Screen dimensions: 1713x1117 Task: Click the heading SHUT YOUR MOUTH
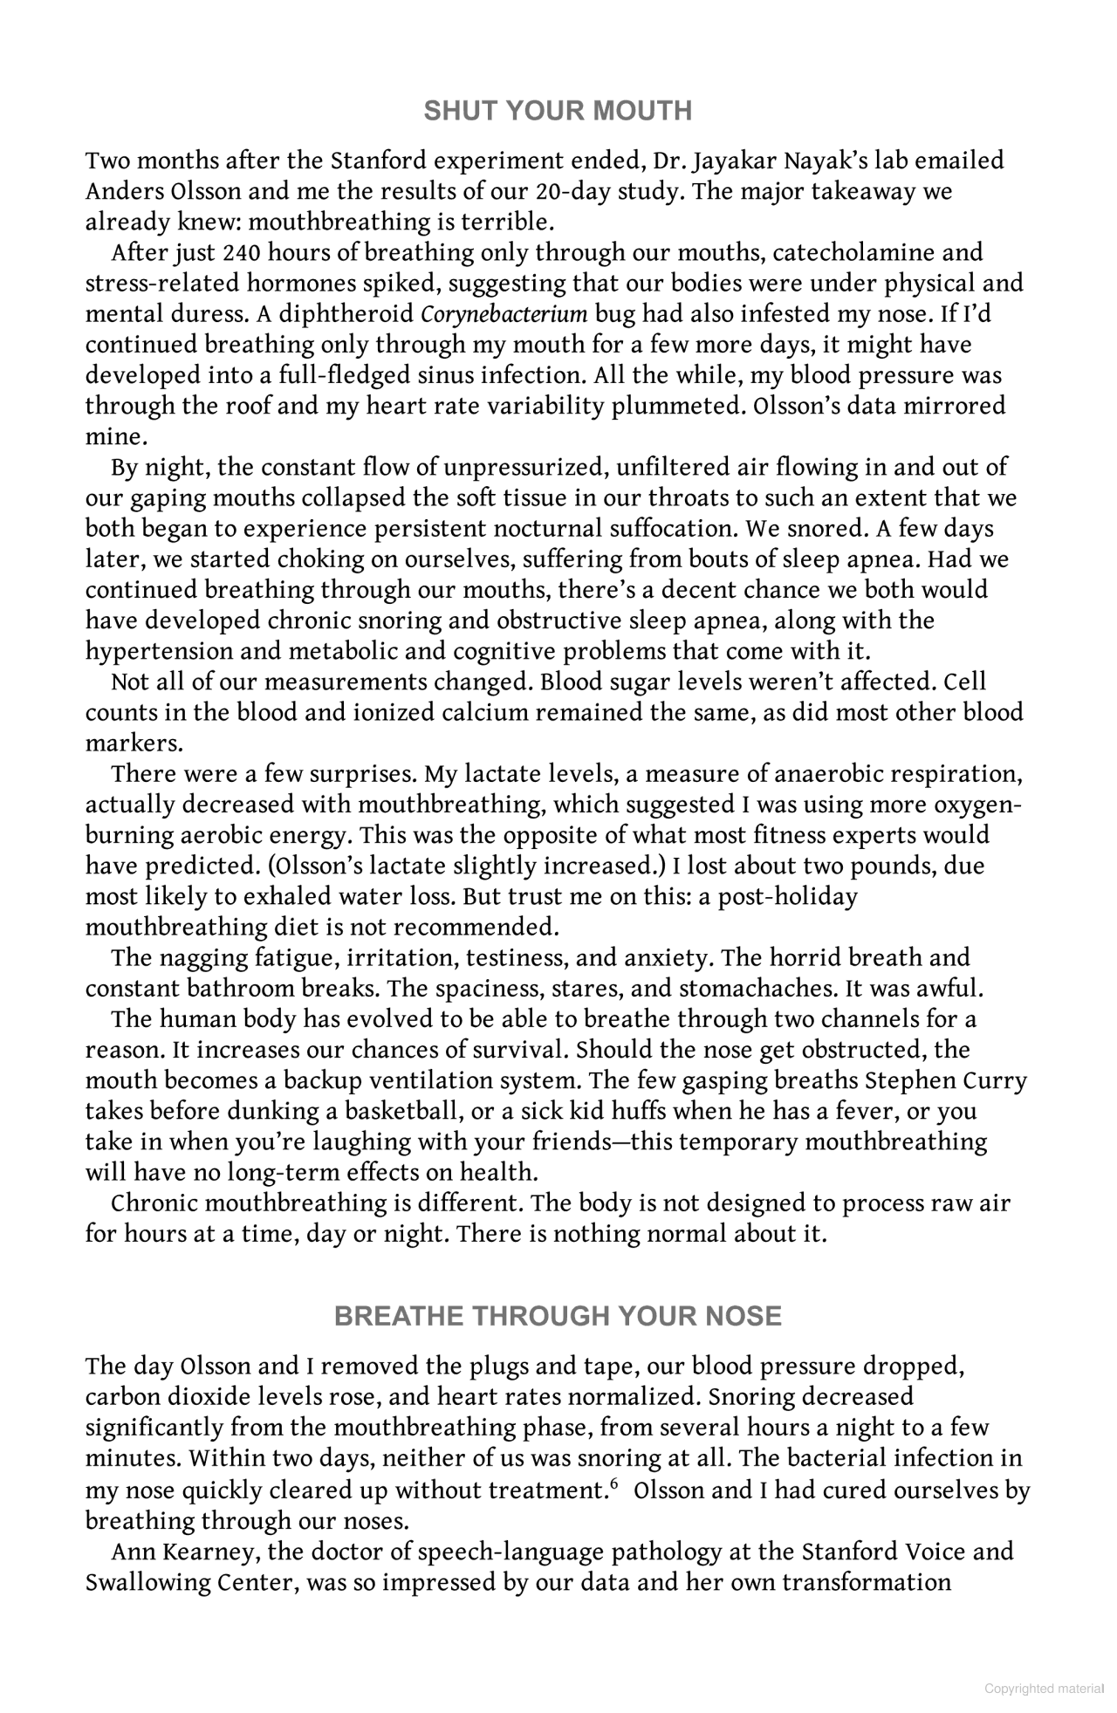click(558, 111)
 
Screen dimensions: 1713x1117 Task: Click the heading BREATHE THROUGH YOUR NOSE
click(558, 1316)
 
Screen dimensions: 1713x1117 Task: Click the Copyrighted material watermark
click(1043, 1689)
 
